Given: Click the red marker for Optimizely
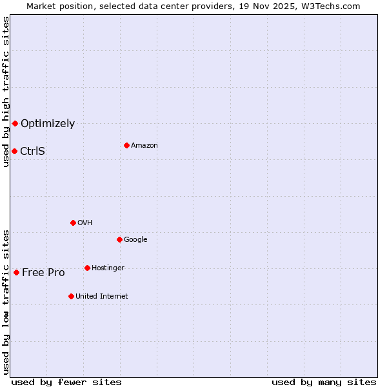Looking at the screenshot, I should [x=15, y=123].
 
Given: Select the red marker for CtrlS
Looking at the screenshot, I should [x=14, y=151].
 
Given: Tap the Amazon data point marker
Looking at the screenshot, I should [x=126, y=145].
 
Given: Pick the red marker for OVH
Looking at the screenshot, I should [x=73, y=223].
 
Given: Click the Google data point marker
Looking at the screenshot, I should [x=119, y=239].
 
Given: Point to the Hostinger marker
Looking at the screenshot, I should [x=87, y=268].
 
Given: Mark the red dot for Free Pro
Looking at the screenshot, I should [x=16, y=272].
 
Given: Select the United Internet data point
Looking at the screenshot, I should [x=71, y=296].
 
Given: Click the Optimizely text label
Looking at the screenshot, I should [x=48, y=124].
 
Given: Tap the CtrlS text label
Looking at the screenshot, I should [x=33, y=152].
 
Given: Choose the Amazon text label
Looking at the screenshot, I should [x=144, y=146].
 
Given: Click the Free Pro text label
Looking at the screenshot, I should [x=43, y=273].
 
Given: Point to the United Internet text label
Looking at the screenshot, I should [x=101, y=297].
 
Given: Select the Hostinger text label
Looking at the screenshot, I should [x=108, y=268].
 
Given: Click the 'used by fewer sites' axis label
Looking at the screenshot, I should [x=66, y=382].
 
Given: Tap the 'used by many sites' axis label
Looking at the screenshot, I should [x=324, y=382].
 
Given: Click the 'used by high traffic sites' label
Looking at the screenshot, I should [x=6, y=92].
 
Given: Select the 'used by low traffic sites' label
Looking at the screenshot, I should [x=6, y=302].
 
